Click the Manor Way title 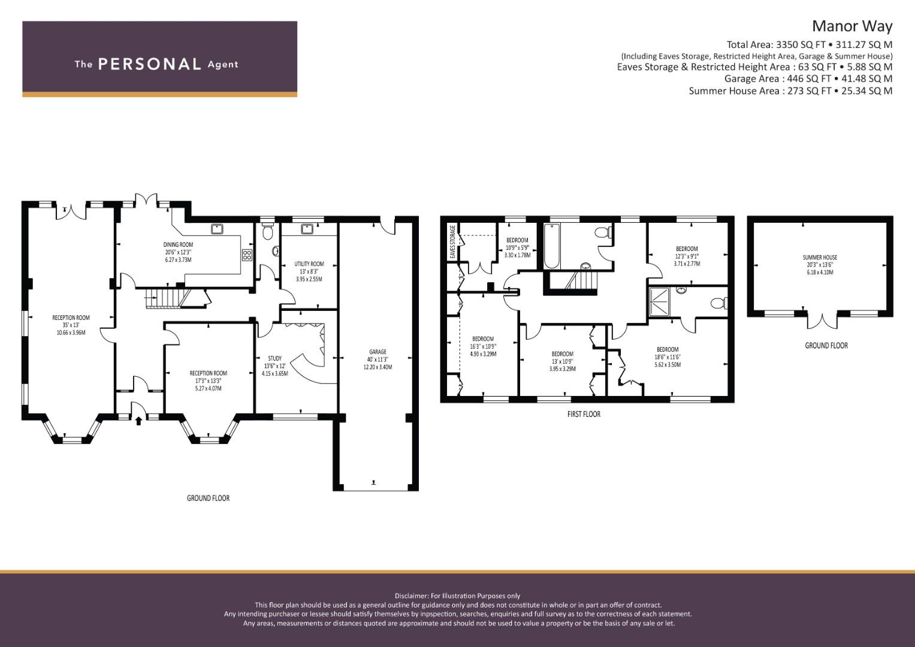852,26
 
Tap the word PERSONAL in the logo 150,64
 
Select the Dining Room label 178,244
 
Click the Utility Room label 309,264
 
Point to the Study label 275,358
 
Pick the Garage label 378,352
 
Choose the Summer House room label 820,258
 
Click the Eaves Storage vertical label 452,241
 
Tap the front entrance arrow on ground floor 138,421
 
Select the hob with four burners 247,255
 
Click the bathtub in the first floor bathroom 552,246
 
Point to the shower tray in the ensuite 659,303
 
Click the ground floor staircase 163,298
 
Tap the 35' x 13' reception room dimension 71,325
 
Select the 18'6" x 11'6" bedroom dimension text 668,357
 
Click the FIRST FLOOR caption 584,414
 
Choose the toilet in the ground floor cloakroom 268,232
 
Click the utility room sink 306,228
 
